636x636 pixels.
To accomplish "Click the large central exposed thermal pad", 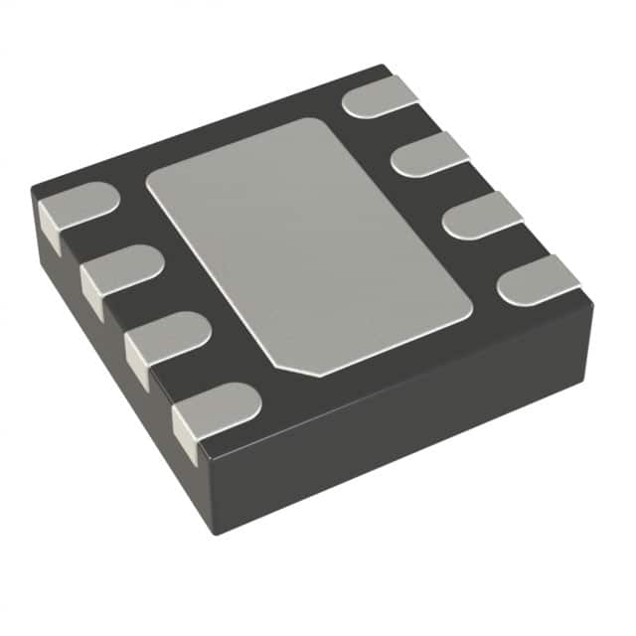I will coord(308,243).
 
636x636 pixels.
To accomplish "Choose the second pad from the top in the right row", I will coord(429,152).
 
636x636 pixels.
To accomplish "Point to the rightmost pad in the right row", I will coord(538,278).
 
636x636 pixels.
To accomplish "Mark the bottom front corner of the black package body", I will coord(214,532).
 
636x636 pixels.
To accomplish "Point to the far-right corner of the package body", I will coord(593,298).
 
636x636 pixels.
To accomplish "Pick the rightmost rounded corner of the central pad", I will coord(467,298).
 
